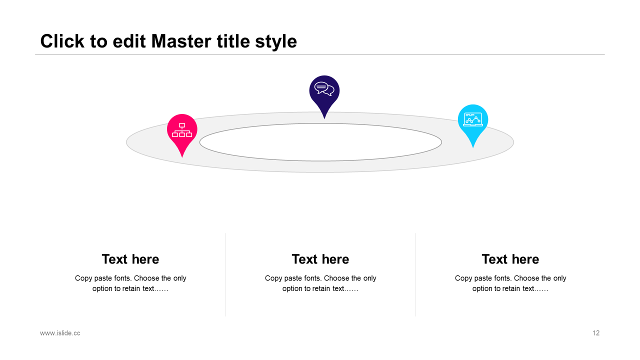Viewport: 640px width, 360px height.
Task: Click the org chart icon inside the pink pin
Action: [x=182, y=130]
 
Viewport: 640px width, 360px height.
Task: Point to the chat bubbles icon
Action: [x=324, y=89]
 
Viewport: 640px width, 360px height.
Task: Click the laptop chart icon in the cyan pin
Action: [x=473, y=119]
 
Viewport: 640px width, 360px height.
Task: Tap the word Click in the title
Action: [x=62, y=41]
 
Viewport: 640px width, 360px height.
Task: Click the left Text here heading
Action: [x=130, y=259]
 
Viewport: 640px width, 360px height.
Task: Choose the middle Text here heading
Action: [x=320, y=259]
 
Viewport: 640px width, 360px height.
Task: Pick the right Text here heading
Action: [x=510, y=259]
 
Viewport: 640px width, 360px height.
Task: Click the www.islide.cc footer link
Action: [x=60, y=333]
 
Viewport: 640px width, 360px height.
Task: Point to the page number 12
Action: [x=596, y=333]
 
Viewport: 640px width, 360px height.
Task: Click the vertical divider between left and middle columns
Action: [x=225, y=275]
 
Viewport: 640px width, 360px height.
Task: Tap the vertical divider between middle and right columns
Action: [x=415, y=275]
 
